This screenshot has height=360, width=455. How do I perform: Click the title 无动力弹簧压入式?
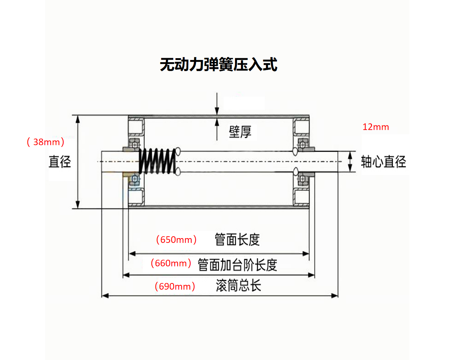(218, 64)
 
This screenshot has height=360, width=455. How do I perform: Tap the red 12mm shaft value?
(376, 127)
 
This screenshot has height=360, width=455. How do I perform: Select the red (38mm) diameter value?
(46, 142)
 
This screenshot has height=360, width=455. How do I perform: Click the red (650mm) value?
(177, 240)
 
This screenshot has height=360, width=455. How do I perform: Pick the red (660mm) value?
(171, 263)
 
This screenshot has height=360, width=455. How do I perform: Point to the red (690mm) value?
(175, 286)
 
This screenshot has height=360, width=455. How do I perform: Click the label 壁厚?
(240, 131)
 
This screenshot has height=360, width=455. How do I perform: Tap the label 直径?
(60, 162)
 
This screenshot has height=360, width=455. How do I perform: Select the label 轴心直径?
(383, 162)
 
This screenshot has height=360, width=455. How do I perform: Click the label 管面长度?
(237, 240)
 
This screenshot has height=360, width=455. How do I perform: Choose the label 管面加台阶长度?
(237, 265)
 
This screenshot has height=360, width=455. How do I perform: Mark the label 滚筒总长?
(238, 286)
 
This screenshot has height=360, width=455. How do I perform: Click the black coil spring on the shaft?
(157, 161)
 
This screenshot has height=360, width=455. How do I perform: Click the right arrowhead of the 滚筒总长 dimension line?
(335, 295)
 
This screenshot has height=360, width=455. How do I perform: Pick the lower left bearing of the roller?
(135, 179)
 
